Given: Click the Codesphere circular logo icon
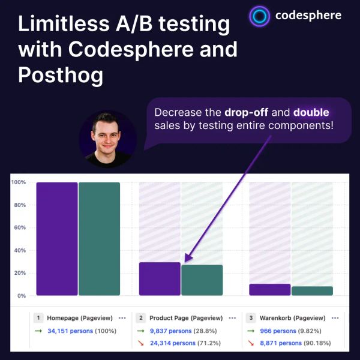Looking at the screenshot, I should coord(260,17).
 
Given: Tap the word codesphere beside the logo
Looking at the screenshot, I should coord(309,17).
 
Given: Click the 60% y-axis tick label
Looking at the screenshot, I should coord(19,228).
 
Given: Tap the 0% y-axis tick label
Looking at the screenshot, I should coord(21,296).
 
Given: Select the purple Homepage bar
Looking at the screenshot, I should coord(57,239).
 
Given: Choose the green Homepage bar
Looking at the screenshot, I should coord(99,239).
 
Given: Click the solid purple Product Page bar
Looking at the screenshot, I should coord(160,279).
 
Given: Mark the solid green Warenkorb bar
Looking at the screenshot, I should coord(312,291).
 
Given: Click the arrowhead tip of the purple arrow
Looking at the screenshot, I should coord(185,262).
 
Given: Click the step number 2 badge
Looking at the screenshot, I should coord(140,318).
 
